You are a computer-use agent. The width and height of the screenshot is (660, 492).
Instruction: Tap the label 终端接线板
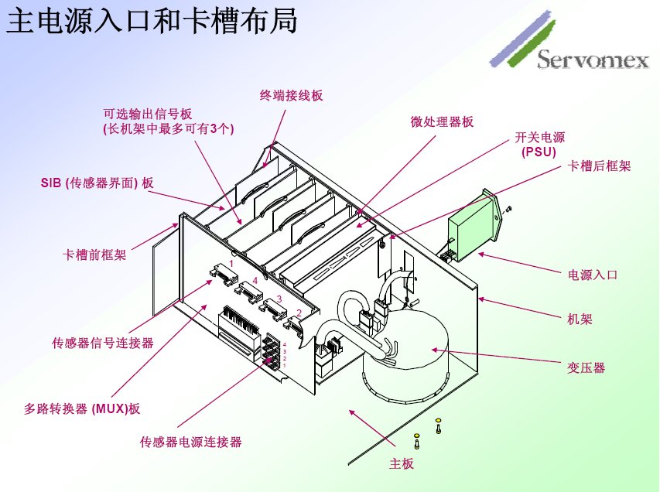tap(291, 96)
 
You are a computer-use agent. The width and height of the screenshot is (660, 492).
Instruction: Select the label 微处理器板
tap(442, 121)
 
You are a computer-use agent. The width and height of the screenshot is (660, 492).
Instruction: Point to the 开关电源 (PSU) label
tap(540, 145)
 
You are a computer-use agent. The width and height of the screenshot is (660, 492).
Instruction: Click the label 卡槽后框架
tap(600, 166)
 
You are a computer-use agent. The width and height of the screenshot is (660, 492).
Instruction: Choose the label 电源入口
tap(593, 275)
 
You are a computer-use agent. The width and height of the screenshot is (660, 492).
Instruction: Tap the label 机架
tap(580, 319)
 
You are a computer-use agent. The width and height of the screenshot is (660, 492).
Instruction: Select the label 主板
tap(401, 463)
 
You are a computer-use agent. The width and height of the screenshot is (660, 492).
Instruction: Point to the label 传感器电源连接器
tap(190, 442)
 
